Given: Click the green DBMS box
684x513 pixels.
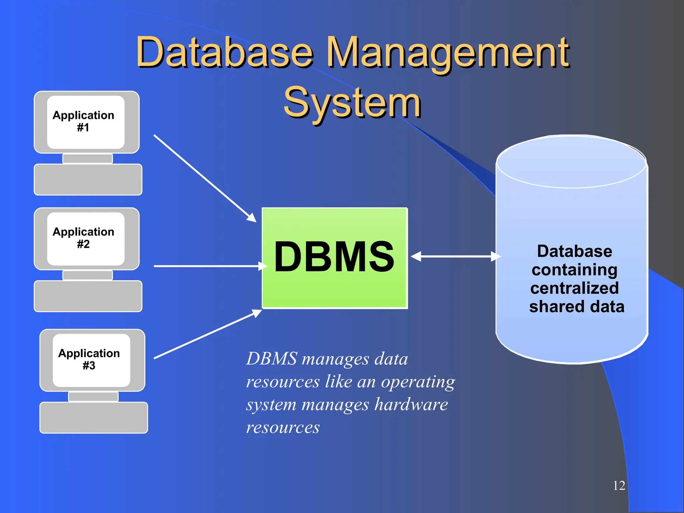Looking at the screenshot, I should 334,258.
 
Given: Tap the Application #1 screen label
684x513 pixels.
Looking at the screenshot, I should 83,121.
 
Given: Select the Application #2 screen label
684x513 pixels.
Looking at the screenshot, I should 83,238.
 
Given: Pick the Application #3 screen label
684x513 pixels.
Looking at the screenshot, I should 89,359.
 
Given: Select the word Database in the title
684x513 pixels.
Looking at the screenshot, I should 224,53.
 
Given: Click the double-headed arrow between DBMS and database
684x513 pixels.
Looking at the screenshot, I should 456,256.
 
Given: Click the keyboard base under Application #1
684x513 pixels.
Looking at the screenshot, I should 88,180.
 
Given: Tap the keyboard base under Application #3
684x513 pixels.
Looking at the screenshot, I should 94,418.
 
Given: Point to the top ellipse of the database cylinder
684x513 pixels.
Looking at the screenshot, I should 571,162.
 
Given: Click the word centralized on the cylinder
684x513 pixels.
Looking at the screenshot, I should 574,288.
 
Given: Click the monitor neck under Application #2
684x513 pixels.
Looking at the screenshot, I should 88,275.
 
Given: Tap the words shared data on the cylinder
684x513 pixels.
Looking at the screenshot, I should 576,307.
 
